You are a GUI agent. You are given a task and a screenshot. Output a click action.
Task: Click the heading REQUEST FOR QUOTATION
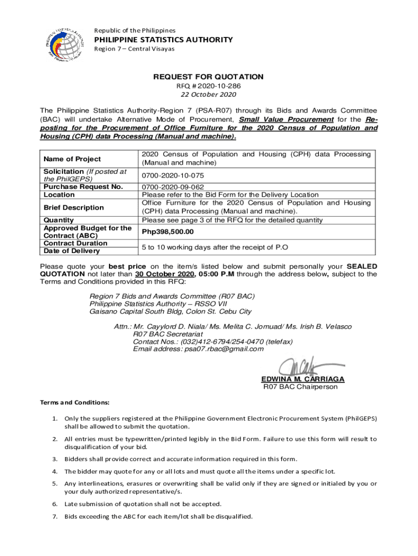(208, 77)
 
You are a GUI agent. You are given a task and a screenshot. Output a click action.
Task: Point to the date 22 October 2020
(208, 94)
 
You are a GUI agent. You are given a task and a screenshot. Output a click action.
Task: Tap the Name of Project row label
(72, 159)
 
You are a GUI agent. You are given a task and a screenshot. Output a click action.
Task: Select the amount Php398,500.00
(168, 232)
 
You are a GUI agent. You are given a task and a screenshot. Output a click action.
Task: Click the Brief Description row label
(73, 207)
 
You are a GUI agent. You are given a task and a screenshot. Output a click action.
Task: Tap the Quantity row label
(59, 220)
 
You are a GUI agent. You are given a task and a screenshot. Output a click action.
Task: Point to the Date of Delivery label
(72, 251)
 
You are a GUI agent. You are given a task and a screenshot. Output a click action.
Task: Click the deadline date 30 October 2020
(165, 274)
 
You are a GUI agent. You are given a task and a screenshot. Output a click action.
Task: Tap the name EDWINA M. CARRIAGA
(302, 379)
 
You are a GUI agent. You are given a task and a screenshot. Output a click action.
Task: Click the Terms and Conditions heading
(75, 403)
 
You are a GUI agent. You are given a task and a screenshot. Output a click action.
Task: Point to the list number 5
(55, 483)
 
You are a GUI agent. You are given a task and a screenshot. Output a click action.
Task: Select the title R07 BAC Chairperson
(300, 387)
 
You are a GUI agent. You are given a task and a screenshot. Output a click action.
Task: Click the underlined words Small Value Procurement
(286, 119)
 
